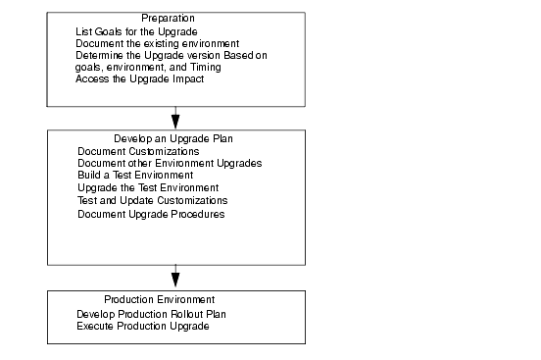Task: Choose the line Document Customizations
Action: pyautogui.click(x=138, y=151)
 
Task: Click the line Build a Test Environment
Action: pyautogui.click(x=135, y=175)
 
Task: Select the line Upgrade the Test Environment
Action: pyautogui.click(x=147, y=186)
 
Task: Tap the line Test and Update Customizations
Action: pyautogui.click(x=152, y=200)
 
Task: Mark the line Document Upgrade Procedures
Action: pyautogui.click(x=150, y=213)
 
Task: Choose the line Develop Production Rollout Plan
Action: pyautogui.click(x=158, y=313)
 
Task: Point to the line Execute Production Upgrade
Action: pyautogui.click(x=143, y=325)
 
